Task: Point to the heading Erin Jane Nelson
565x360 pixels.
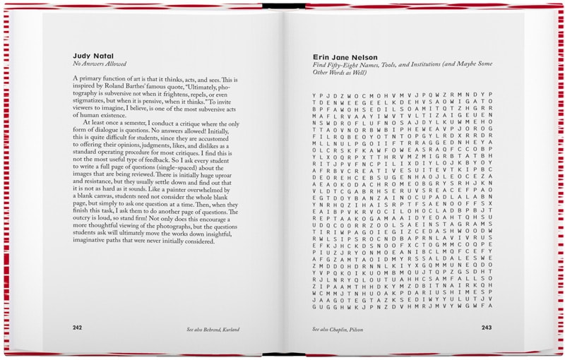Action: [345, 56]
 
